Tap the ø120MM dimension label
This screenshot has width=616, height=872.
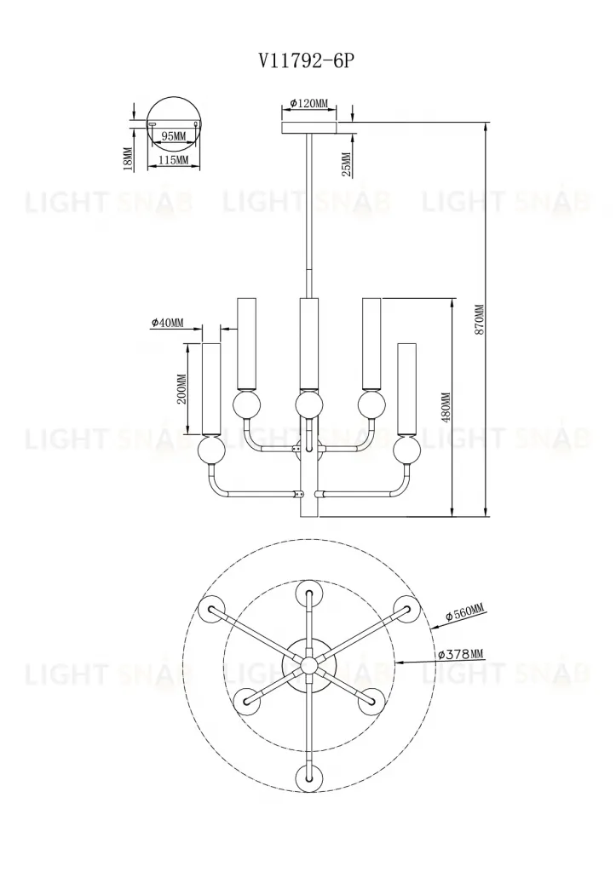tap(308, 103)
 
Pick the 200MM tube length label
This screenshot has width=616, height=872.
tap(181, 390)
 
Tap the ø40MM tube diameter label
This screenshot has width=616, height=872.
tap(167, 322)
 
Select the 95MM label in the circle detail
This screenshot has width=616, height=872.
tap(173, 135)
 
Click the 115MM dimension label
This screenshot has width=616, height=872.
tap(173, 159)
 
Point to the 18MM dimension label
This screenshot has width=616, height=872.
tap(128, 158)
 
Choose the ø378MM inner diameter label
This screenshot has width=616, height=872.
tap(460, 653)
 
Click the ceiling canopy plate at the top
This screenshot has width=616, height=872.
tap(308, 128)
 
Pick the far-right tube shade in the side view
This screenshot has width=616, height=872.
tap(406, 387)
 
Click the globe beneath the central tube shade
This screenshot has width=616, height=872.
tap(308, 402)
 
